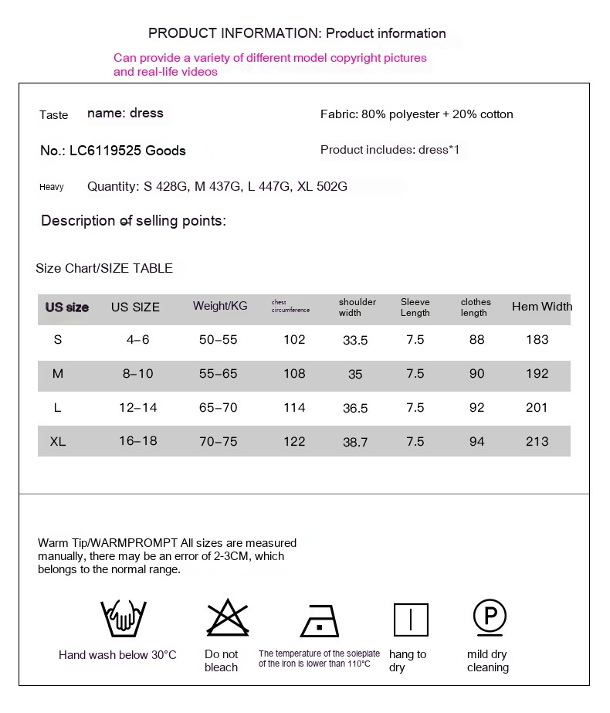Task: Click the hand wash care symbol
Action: pyautogui.click(x=118, y=618)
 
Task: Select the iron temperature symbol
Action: pyautogui.click(x=319, y=620)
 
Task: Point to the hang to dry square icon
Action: pyautogui.click(x=411, y=620)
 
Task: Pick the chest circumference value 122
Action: pyautogui.click(x=294, y=442)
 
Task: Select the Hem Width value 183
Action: pyautogui.click(x=537, y=340)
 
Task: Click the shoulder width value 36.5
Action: pyautogui.click(x=355, y=409)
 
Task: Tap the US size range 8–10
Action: pyautogui.click(x=137, y=374)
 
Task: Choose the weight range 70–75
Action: pyautogui.click(x=219, y=442)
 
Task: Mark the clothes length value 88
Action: pyautogui.click(x=476, y=340)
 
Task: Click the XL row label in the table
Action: pyautogui.click(x=58, y=442)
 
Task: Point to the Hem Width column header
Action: pyautogui.click(x=542, y=307)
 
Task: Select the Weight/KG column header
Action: pyautogui.click(x=220, y=306)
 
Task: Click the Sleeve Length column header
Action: pyautogui.click(x=415, y=307)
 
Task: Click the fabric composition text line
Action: pyautogui.click(x=416, y=114)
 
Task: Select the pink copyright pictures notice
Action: pyautogui.click(x=269, y=65)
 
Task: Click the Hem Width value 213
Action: pyautogui.click(x=537, y=442)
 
